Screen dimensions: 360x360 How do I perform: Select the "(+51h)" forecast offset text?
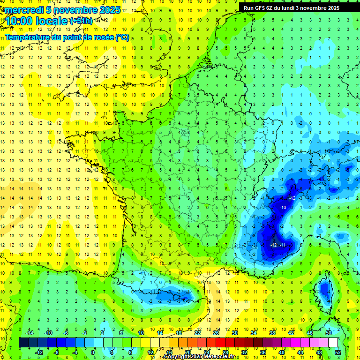click(x=81, y=21)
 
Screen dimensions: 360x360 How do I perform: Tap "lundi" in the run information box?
click(x=293, y=8)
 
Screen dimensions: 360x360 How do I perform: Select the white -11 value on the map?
click(x=283, y=245)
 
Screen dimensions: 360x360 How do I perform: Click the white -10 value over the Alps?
click(x=283, y=207)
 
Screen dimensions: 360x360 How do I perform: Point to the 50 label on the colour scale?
click(x=328, y=332)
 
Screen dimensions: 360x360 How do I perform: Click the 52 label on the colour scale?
click(x=337, y=352)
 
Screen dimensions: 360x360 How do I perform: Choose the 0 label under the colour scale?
click(x=93, y=352)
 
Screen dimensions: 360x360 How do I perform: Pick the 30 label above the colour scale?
click(x=235, y=332)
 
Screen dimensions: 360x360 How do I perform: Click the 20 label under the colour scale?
click(x=187, y=352)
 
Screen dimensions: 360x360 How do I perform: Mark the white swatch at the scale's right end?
click(x=333, y=342)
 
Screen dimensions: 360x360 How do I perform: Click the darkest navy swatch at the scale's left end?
click(x=23, y=342)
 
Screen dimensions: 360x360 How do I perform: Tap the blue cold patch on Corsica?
click(x=323, y=289)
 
